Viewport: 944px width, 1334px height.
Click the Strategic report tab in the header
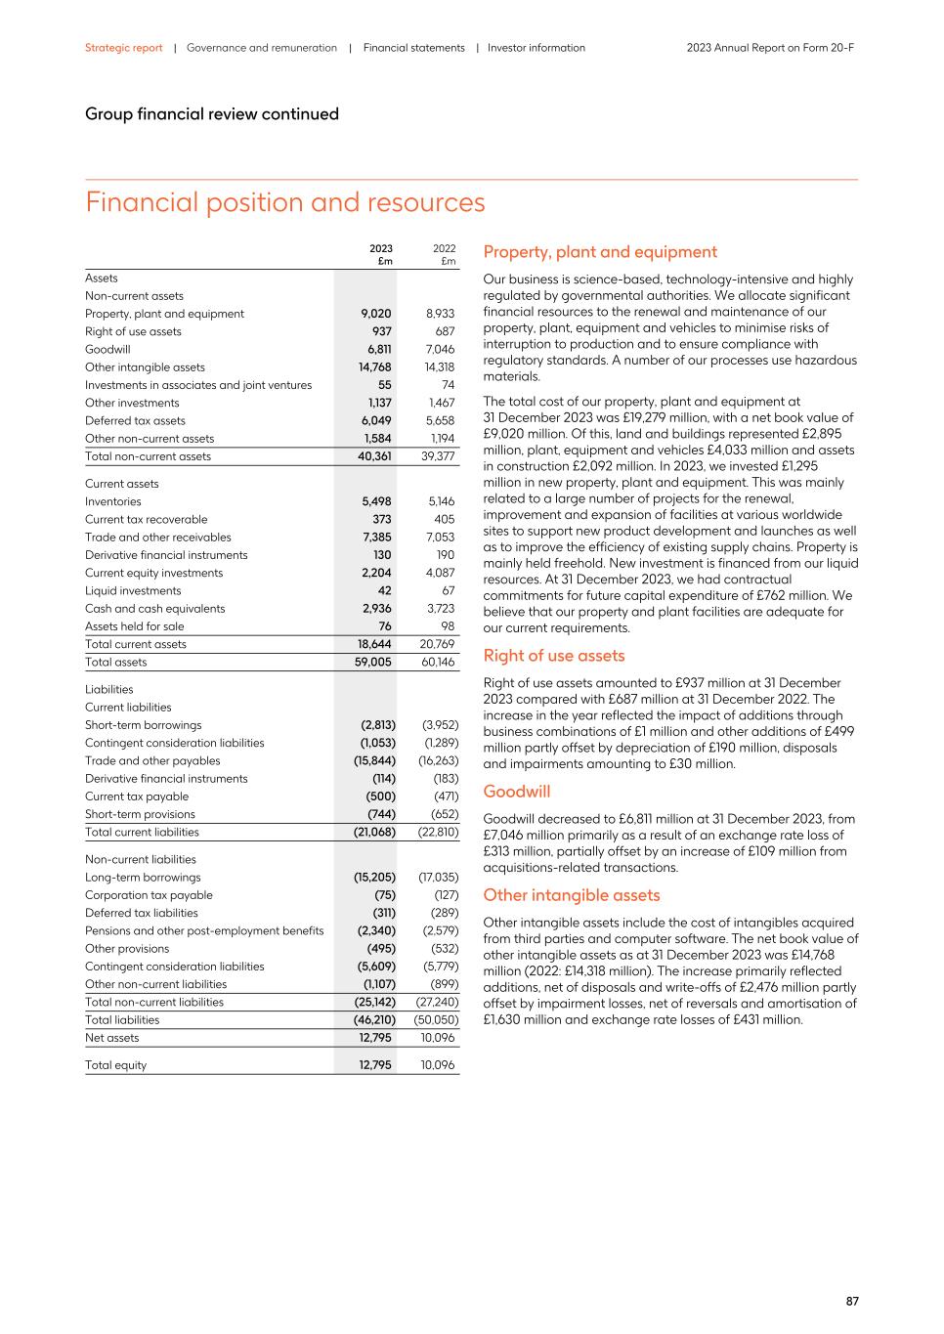tap(123, 48)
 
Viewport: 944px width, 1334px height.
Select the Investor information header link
tap(536, 48)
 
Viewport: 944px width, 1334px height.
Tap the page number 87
tap(852, 1301)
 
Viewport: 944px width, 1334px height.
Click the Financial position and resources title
tap(284, 202)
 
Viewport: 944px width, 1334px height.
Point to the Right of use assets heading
tap(553, 656)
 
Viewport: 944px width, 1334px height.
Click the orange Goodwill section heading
tap(517, 792)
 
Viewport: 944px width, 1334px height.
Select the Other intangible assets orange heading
tap(572, 895)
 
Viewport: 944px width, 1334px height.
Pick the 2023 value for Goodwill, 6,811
tap(379, 350)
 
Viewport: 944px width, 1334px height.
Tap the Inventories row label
tap(112, 501)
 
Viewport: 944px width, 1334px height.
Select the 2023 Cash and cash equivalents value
tap(376, 609)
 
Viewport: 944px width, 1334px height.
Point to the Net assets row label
tap(111, 1038)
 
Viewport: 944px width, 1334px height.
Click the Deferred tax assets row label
tap(135, 421)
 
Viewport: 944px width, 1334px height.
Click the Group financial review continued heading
tap(211, 114)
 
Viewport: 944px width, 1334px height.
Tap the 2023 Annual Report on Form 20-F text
tap(770, 48)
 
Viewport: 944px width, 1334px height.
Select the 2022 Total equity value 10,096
tap(438, 1065)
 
